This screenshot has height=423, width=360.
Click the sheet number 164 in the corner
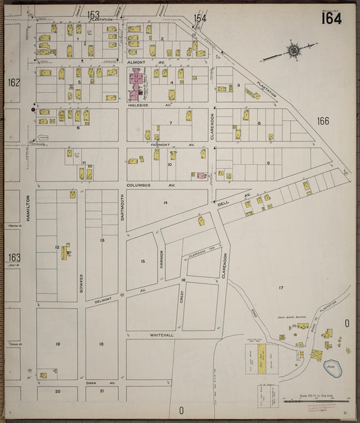pyautogui.click(x=331, y=18)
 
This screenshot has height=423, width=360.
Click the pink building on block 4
pyautogui.click(x=138, y=86)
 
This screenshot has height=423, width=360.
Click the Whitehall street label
pyautogui.click(x=162, y=335)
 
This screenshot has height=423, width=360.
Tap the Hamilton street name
pyautogui.click(x=28, y=208)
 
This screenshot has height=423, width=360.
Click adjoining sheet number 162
pyautogui.click(x=14, y=82)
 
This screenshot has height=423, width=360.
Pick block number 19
pyautogui.click(x=58, y=344)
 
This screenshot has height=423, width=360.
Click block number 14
pyautogui.click(x=165, y=202)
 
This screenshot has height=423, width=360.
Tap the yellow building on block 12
pyautogui.click(x=66, y=252)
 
